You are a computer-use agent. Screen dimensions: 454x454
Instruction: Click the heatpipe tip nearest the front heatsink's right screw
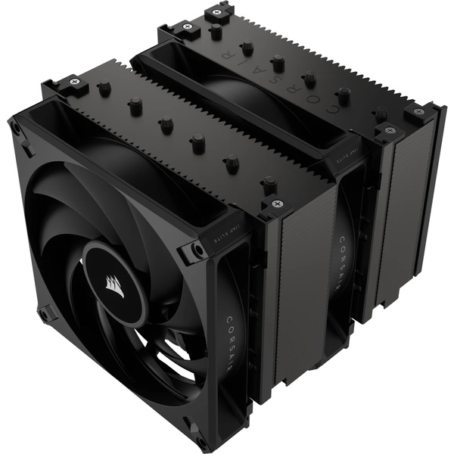click(269, 182)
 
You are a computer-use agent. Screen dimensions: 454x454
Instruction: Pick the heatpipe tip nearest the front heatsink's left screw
click(104, 89)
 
